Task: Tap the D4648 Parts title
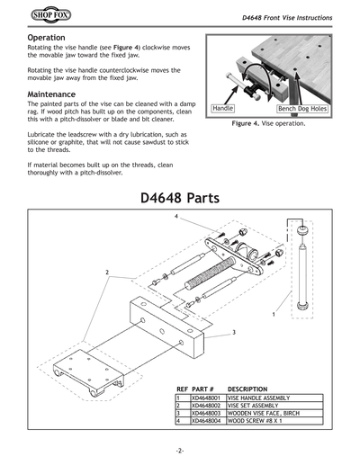point(180,196)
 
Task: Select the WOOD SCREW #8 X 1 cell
point(256,421)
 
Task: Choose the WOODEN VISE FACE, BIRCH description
point(266,413)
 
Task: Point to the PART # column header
point(202,389)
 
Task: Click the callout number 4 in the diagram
point(176,218)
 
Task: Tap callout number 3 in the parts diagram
point(233,333)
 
